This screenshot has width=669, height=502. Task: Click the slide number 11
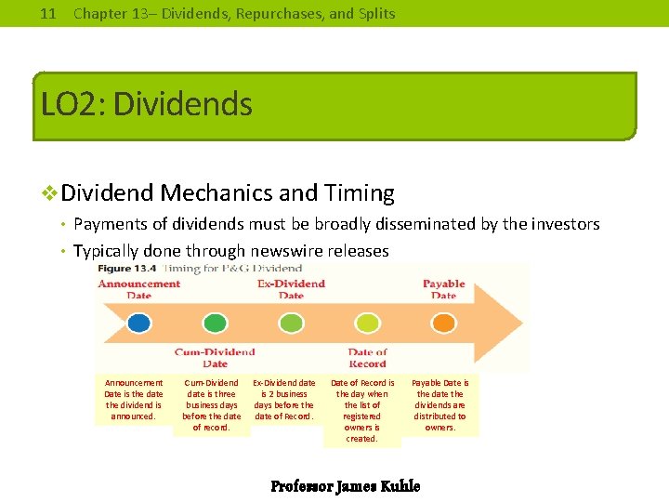click(49, 14)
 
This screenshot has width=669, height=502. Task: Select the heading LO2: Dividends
click(147, 104)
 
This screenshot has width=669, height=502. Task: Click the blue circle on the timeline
click(138, 323)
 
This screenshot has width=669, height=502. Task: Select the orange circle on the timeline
click(443, 323)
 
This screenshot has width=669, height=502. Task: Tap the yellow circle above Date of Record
click(367, 323)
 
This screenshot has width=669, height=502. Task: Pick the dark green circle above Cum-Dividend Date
click(215, 323)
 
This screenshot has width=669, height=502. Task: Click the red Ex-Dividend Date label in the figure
click(291, 289)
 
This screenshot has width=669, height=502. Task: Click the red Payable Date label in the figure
click(443, 289)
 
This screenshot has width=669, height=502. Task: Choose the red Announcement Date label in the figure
click(138, 289)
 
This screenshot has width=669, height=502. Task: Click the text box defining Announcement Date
click(134, 400)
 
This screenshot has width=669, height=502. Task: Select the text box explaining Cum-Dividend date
click(212, 405)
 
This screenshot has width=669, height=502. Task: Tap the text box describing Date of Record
click(362, 411)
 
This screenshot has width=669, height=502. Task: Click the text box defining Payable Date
click(440, 405)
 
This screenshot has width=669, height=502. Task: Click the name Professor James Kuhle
click(345, 486)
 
